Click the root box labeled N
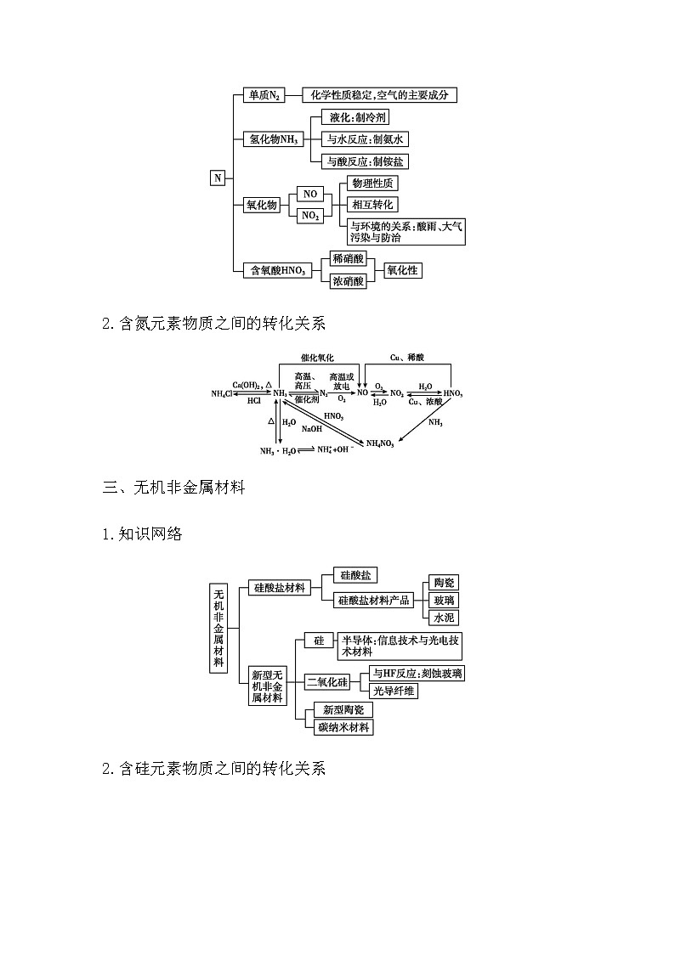coord(218,178)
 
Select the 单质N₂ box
coord(264,95)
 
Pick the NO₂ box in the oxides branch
coord(310,216)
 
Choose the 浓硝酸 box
coord(348,280)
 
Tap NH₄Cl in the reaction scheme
coord(224,393)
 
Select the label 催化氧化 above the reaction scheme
coord(317,358)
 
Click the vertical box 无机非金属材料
coord(218,627)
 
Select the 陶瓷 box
coord(444,582)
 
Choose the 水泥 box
coord(444,618)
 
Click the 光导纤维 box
coord(394,691)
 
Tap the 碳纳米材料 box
coord(343,727)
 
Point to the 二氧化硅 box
coord(328,681)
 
